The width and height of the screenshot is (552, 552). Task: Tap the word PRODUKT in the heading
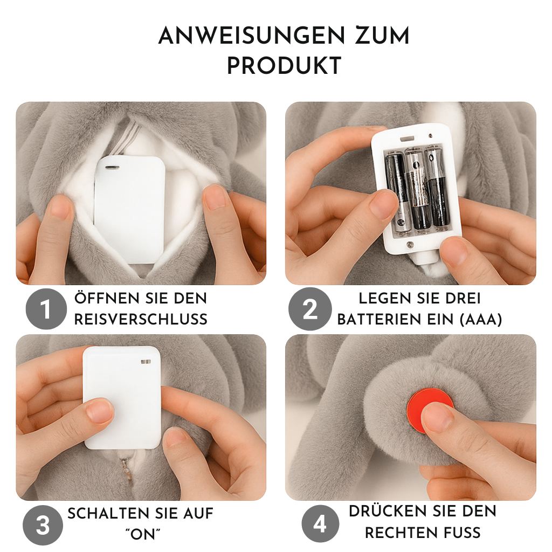tap(284, 65)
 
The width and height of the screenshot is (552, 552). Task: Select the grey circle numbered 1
tap(46, 309)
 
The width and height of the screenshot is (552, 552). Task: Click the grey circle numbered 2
tap(310, 309)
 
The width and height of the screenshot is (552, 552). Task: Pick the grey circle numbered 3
tap(43, 525)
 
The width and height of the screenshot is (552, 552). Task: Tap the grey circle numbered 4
tap(320, 524)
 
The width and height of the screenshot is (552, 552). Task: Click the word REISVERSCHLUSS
tap(141, 319)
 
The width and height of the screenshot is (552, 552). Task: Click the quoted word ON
tap(142, 534)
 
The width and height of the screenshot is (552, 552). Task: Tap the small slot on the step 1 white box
tap(112, 167)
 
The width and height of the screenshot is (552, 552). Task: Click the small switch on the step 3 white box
tap(146, 362)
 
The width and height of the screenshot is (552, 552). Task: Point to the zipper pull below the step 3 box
tap(125, 466)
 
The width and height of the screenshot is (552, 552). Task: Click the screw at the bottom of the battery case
tap(410, 244)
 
